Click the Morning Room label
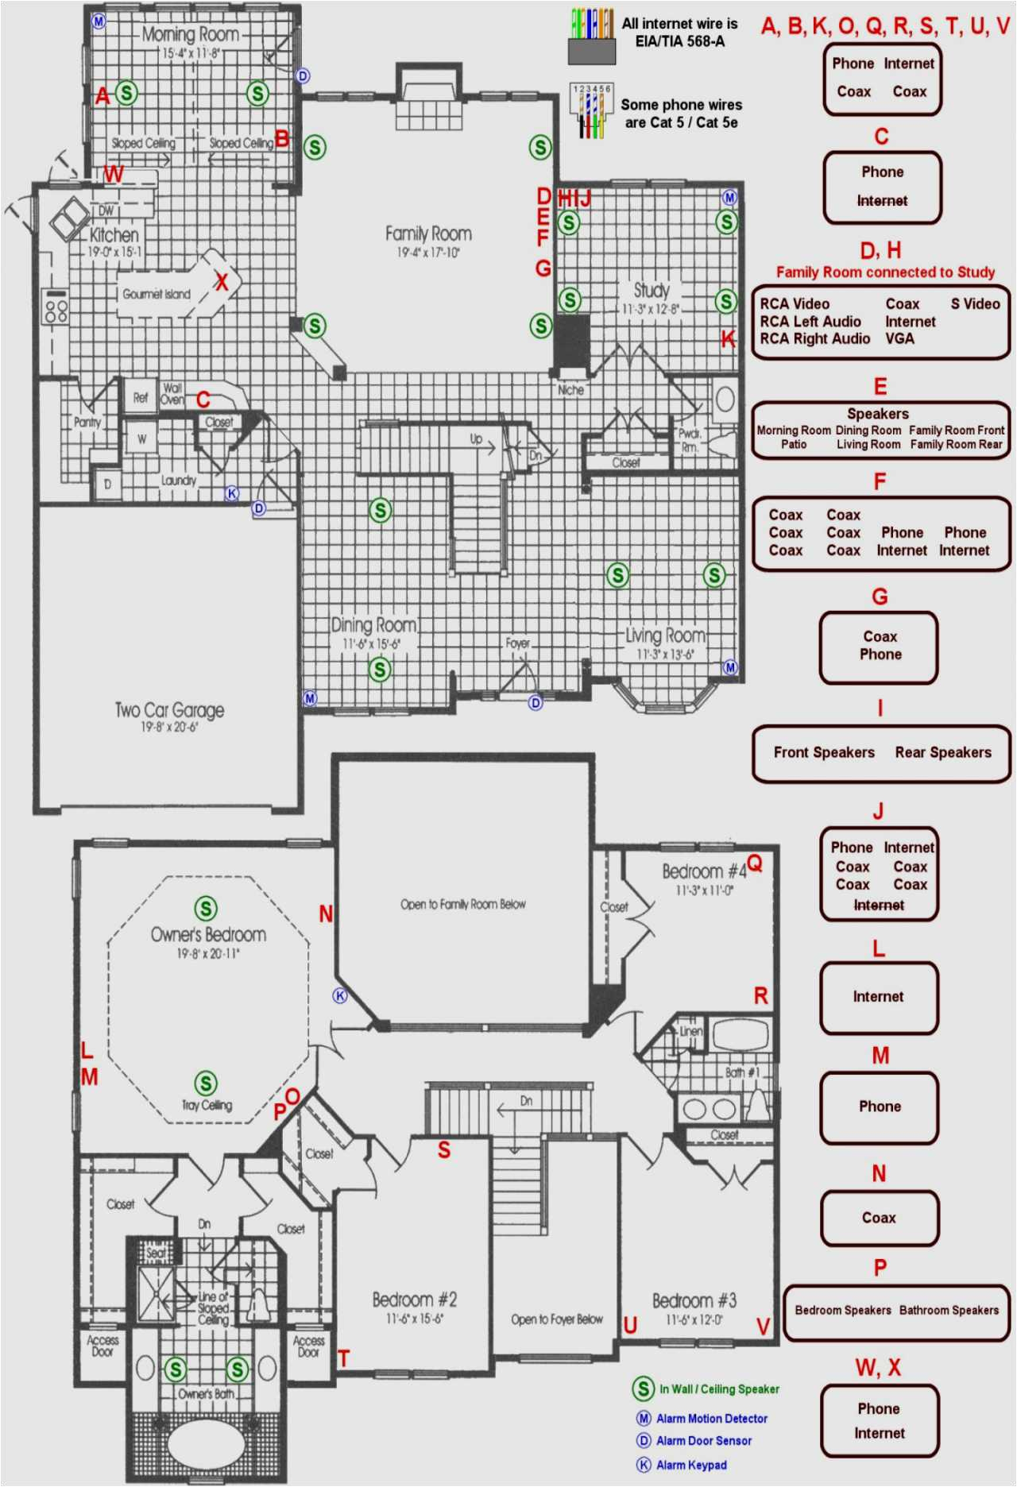coord(191,35)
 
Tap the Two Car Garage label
coord(169,710)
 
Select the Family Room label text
coord(428,234)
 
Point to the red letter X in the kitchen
coord(222,282)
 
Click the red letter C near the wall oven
coord(203,400)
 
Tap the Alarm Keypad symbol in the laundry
coord(232,493)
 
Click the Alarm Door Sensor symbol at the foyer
coord(536,702)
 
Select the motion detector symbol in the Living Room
coord(730,667)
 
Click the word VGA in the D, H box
coord(899,338)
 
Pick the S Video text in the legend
coord(975,303)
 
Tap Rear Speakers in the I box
coord(942,752)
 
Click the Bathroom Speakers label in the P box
coord(948,1310)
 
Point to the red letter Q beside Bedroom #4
coord(755,863)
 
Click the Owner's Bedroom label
coord(208,935)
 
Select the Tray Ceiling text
coord(207,1105)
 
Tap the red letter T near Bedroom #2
coord(343,1358)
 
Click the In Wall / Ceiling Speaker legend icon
coord(643,1389)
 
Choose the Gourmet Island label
coord(157,294)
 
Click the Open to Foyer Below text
coord(556,1319)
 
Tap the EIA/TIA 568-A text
coord(679,41)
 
